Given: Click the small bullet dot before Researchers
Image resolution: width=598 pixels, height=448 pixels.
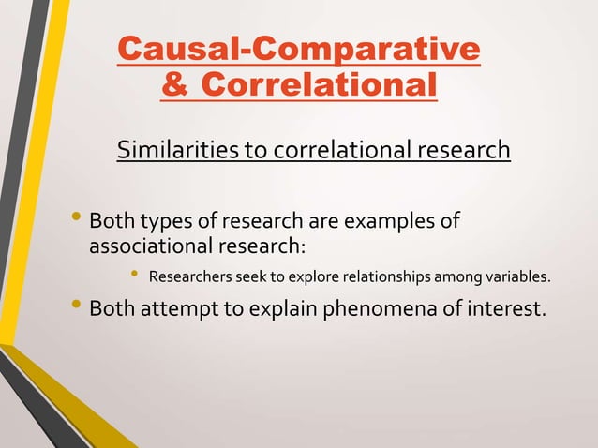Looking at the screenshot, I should [134, 276].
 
